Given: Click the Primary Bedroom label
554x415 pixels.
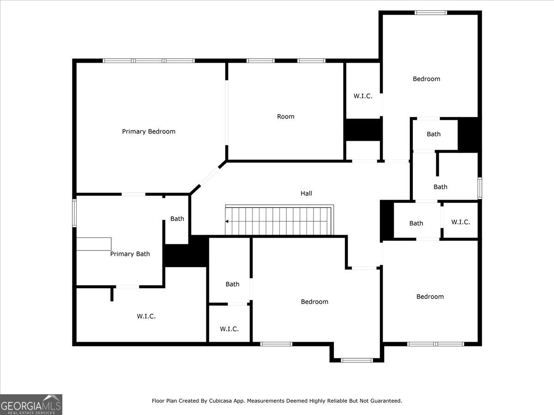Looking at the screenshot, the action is (x=149, y=131).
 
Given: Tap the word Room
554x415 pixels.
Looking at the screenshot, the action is (x=285, y=116).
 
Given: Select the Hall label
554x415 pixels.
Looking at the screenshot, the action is (x=306, y=193).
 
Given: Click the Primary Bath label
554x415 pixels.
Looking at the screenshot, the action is (x=130, y=254).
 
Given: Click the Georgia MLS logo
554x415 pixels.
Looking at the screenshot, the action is (x=31, y=405).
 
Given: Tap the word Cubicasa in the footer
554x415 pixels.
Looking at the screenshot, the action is (x=220, y=401).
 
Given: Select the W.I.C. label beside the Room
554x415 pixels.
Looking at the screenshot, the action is (x=363, y=96).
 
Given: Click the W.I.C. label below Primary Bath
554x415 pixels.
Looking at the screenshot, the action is (x=146, y=316).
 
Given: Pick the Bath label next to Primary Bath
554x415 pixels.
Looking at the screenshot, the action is (x=177, y=219).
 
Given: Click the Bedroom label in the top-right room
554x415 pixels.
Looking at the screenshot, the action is (x=426, y=79).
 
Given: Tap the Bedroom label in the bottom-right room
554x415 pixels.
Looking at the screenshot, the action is (x=430, y=296).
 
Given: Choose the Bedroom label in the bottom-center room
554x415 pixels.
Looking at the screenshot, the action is (x=314, y=302).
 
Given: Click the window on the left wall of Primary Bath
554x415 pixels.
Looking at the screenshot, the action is (x=74, y=213).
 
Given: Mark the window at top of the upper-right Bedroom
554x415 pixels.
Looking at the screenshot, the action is (x=431, y=12).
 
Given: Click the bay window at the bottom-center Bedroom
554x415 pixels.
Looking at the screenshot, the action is (x=356, y=360).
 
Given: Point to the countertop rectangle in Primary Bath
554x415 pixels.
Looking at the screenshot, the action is (x=94, y=244).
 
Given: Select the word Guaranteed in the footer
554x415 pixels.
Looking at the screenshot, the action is (x=386, y=401).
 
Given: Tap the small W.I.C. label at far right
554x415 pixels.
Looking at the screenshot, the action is (x=460, y=222).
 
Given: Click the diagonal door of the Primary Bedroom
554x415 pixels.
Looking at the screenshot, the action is (x=209, y=177).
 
